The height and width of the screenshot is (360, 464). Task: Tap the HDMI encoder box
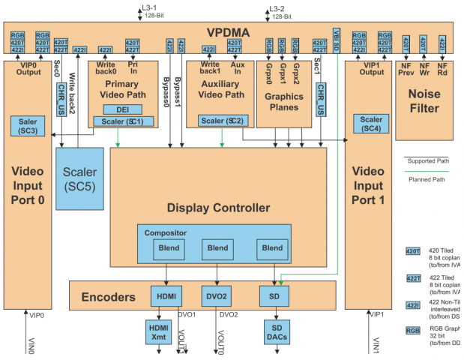pyautogui.click(x=165, y=296)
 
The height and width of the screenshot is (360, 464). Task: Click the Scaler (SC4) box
pyautogui.click(x=370, y=124)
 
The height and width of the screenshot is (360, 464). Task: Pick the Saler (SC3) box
pyautogui.click(x=28, y=126)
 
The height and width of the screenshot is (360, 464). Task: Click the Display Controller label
pyautogui.click(x=218, y=207)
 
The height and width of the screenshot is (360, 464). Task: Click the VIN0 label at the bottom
pyautogui.click(x=31, y=346)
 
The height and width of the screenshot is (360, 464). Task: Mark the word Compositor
pyautogui.click(x=166, y=233)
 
